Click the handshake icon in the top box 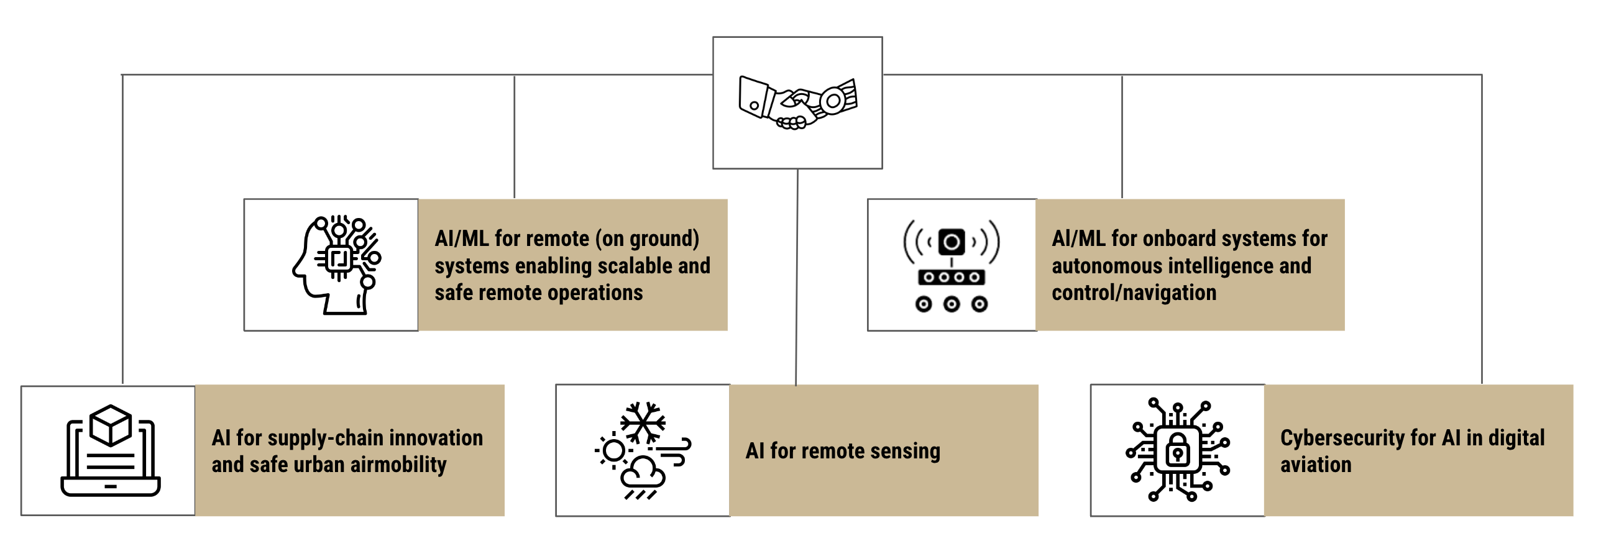pyautogui.click(x=797, y=102)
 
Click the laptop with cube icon pyautogui.click(x=110, y=451)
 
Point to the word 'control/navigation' pyautogui.click(x=1134, y=293)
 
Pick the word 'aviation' pyautogui.click(x=1316, y=465)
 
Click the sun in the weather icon pyautogui.click(x=613, y=451)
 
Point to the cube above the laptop pyautogui.click(x=111, y=425)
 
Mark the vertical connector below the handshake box pyautogui.click(x=797, y=276)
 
